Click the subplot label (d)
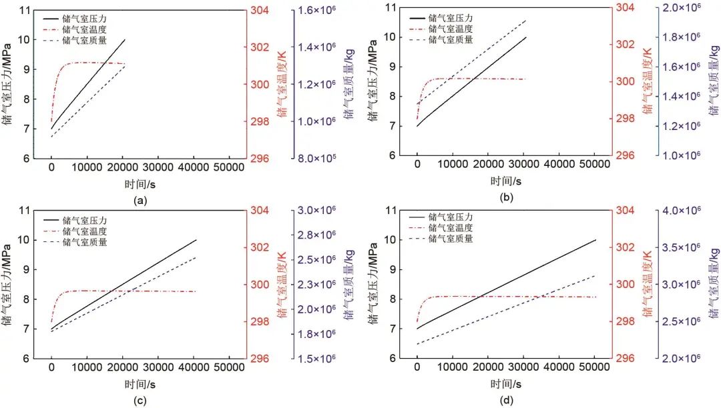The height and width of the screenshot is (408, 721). pos(505,400)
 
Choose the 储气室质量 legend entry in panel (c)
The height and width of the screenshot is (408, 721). pos(84,242)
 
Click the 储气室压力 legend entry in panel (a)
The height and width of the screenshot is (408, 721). pos(84,18)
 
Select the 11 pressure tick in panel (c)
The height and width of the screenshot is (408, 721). pos(27,210)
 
